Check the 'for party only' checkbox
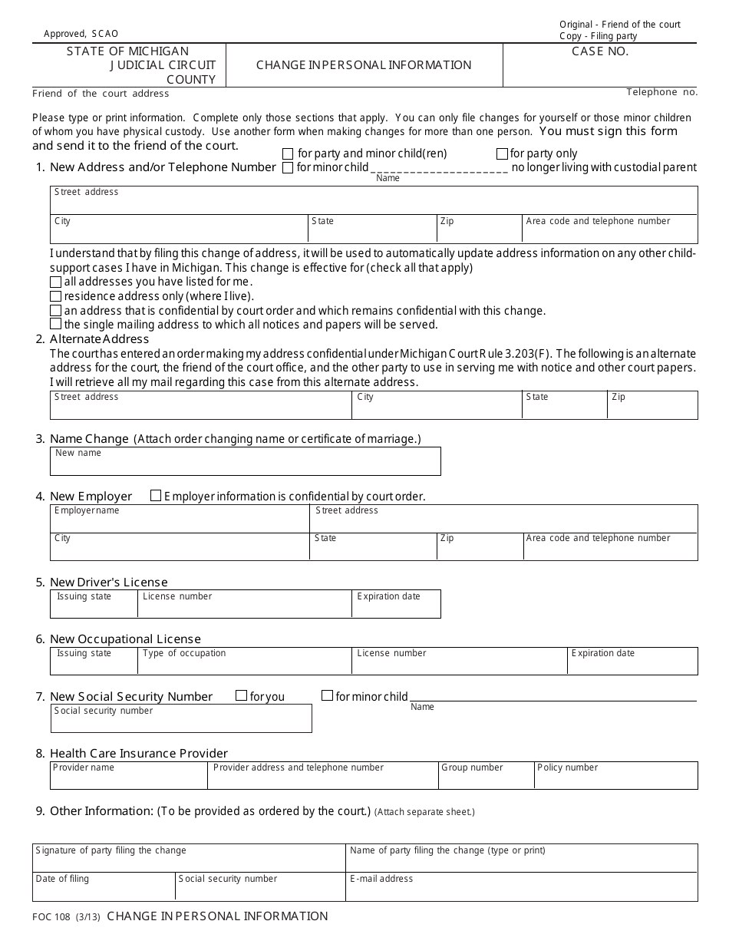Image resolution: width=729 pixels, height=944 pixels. pyautogui.click(x=503, y=153)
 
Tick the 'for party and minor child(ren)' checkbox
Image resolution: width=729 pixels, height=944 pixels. pyautogui.click(x=288, y=153)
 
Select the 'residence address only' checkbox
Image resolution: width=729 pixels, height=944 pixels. pyautogui.click(x=55, y=296)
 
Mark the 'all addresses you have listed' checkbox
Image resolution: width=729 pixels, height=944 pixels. pyautogui.click(x=55, y=282)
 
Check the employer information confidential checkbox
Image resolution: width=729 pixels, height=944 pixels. pyautogui.click(x=156, y=496)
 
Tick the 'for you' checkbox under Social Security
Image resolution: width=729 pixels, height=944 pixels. pyautogui.click(x=241, y=696)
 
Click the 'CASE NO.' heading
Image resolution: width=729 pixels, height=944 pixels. pyautogui.click(x=600, y=51)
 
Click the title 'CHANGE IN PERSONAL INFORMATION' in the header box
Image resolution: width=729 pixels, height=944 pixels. pyautogui.click(x=364, y=65)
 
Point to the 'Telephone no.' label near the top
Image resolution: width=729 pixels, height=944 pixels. pyautogui.click(x=661, y=92)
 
